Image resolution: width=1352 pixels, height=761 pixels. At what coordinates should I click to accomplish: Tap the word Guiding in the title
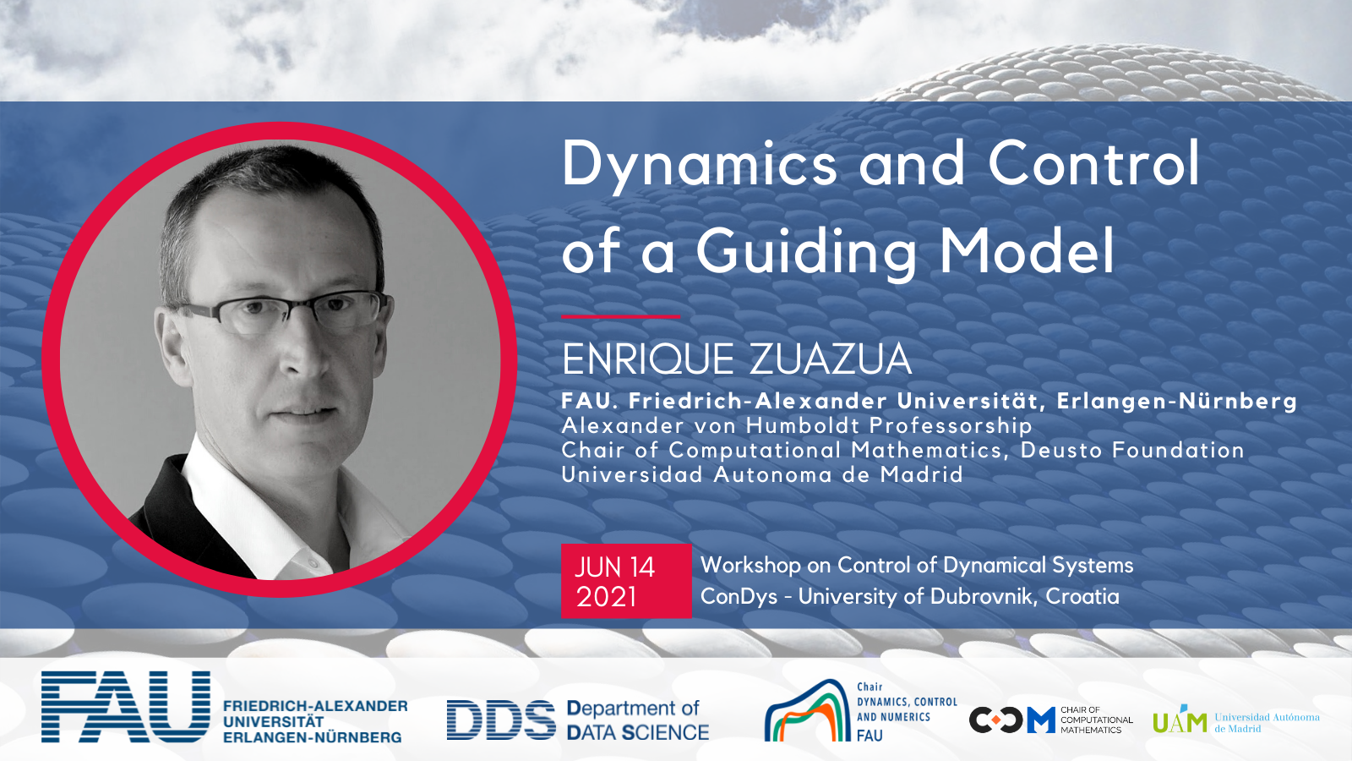(806, 251)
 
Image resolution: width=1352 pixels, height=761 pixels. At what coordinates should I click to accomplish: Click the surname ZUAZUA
(831, 360)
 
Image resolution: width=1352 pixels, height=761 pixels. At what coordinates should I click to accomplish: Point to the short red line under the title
(620, 316)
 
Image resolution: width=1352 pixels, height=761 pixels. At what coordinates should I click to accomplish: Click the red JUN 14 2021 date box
(626, 581)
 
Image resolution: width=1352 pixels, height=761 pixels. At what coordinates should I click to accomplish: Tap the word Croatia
(1082, 597)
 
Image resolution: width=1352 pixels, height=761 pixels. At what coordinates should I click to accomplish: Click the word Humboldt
(803, 426)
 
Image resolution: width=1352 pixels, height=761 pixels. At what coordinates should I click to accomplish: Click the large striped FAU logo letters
(126, 706)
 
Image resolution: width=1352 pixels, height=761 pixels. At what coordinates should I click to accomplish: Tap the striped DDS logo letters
(501, 720)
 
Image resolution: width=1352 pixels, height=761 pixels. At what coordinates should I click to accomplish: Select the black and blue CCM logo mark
(1012, 720)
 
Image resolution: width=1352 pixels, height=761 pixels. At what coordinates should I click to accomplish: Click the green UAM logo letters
(1179, 720)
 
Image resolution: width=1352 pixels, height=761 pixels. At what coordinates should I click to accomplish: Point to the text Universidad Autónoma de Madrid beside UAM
(1267, 722)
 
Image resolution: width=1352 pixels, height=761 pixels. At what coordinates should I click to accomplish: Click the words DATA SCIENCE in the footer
(638, 732)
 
